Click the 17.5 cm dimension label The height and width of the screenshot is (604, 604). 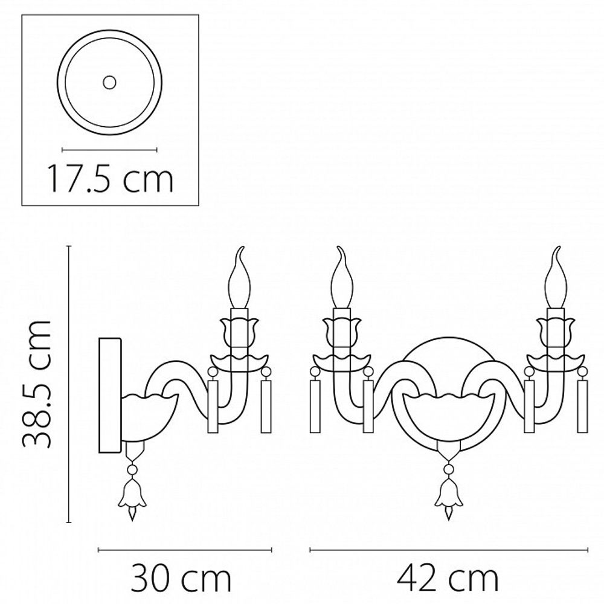coord(109,178)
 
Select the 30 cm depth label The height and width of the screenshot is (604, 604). coord(181,579)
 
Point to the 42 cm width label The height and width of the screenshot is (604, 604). coord(448,579)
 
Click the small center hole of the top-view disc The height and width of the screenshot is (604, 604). coord(109,82)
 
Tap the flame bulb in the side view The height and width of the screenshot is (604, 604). coord(240,281)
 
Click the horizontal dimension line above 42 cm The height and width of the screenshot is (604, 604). coord(448,550)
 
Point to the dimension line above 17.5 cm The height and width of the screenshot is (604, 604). coord(109,149)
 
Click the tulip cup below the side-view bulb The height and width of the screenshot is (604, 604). coord(239,329)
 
